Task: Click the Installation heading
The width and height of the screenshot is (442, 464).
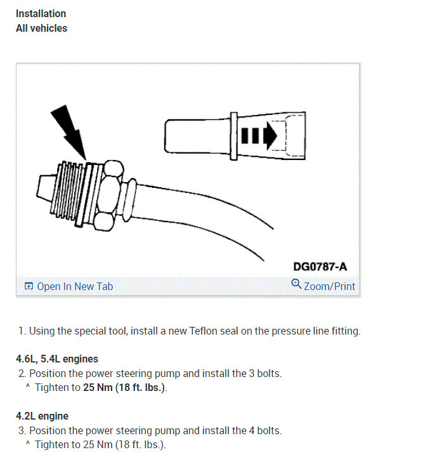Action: coord(41,13)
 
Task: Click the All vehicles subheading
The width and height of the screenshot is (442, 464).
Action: coord(41,28)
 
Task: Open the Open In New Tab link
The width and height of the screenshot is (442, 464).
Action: coord(75,286)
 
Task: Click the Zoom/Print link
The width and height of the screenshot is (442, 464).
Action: coord(329,286)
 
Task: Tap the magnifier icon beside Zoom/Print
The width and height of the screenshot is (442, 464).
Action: coord(296,284)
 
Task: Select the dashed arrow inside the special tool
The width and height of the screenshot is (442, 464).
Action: coord(257,135)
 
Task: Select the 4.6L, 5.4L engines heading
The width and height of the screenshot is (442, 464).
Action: coord(57,359)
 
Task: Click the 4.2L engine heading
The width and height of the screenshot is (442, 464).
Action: coord(42,416)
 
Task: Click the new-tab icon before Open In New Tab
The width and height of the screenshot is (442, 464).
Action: coord(29,286)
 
